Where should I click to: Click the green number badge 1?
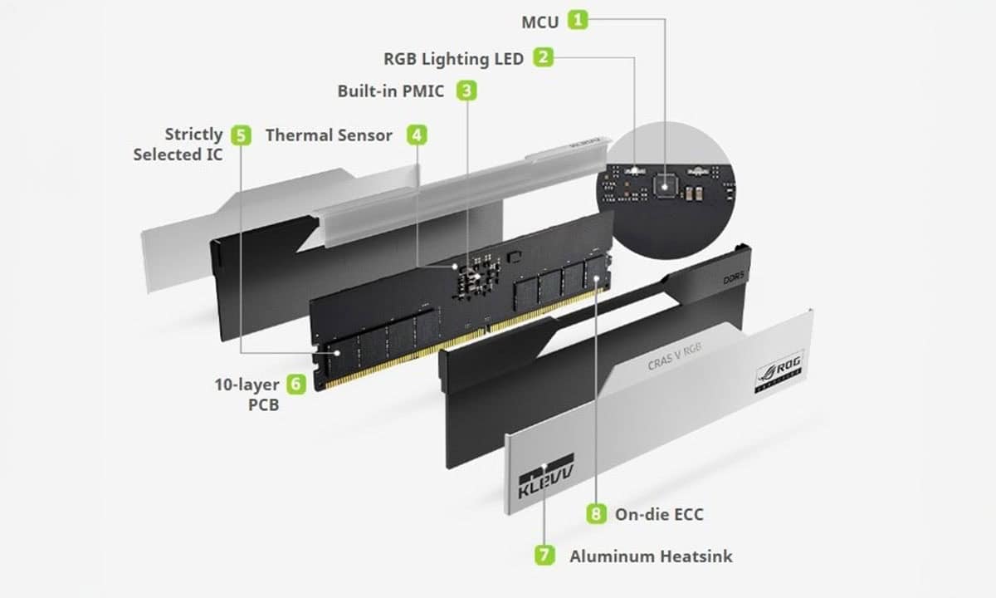[x=578, y=21]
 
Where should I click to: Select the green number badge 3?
[x=468, y=91]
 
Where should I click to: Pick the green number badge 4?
[x=417, y=135]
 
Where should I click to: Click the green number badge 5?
[x=241, y=135]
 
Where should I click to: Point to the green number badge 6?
[x=296, y=384]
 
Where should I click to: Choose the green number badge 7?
[x=544, y=556]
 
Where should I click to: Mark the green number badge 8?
[x=596, y=514]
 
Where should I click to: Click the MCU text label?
[x=539, y=22]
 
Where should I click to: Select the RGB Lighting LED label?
[x=453, y=58]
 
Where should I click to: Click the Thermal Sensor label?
[x=329, y=135]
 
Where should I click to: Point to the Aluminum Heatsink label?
[x=651, y=556]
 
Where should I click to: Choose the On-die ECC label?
[x=659, y=515]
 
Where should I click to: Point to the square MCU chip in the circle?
[x=664, y=183]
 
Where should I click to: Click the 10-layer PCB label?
[x=247, y=395]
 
